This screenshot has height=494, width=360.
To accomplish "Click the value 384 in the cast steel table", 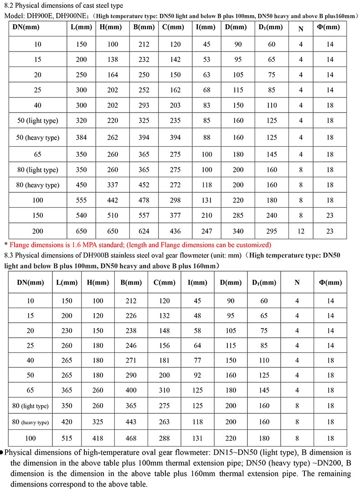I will coord(82,138).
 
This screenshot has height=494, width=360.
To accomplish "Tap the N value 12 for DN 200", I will coord(301,231).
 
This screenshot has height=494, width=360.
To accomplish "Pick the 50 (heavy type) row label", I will coord(38,138).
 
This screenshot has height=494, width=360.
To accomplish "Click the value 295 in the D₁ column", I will coord(272,231).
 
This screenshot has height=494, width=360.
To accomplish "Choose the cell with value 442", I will coord(112,200).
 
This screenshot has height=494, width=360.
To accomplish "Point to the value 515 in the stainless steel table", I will coord(62,438).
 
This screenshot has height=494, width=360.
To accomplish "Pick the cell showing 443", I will coord(130,422).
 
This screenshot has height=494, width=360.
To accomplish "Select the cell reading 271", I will coord(130,360).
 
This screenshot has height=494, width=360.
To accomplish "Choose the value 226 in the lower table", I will coord(130,315).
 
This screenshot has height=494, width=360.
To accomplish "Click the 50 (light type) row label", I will coord(38,121).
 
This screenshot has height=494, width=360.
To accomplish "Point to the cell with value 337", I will coord(112,185).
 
